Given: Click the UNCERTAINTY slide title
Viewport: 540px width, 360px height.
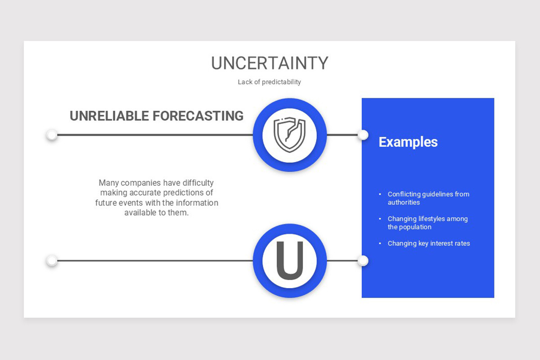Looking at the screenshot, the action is [x=270, y=63].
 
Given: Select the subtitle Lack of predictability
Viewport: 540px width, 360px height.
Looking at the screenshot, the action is [x=269, y=82].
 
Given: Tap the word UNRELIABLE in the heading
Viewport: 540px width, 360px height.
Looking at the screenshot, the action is [x=109, y=116].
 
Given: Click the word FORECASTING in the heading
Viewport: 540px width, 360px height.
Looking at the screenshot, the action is [x=198, y=116].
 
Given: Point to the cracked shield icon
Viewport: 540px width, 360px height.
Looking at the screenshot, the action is [x=289, y=135].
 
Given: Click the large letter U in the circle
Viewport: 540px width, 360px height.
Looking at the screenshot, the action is [x=289, y=261].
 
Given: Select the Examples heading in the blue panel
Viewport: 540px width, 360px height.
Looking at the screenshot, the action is [x=408, y=142].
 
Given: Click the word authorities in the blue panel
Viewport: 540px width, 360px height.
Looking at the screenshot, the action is [x=404, y=202].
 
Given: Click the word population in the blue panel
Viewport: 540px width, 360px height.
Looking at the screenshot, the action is [x=416, y=227].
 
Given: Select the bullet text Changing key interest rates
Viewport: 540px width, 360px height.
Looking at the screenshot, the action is [x=429, y=243].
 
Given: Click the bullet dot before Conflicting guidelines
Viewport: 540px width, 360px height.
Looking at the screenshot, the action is [x=380, y=194].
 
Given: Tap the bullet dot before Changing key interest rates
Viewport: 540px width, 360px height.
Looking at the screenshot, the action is [x=380, y=243].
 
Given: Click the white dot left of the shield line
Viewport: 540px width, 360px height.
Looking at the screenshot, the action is [x=52, y=135].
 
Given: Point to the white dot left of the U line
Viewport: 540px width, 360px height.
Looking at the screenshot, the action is [x=52, y=261].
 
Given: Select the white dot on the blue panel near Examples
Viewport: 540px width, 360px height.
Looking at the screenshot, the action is [x=363, y=135].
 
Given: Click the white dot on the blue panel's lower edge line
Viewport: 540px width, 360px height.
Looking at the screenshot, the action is [x=363, y=261].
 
